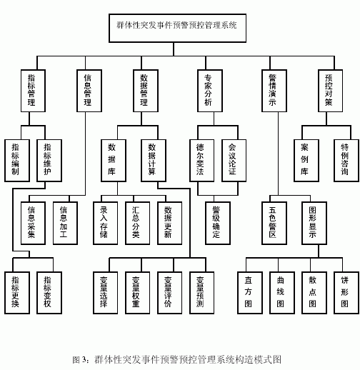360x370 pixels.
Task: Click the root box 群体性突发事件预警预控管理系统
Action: point(177,28)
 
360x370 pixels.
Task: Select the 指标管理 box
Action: point(33,91)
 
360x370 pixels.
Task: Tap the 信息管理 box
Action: point(89,91)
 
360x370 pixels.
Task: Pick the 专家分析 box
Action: point(210,91)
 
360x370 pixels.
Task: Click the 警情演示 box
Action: point(274,91)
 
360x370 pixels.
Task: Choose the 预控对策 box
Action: point(331,91)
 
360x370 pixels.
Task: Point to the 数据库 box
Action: point(114,161)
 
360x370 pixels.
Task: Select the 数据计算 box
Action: point(154,161)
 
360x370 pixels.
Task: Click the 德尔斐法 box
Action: point(202,161)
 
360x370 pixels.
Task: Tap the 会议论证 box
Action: point(234,161)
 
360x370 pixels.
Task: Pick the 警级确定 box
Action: point(218,223)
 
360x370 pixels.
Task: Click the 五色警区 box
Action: point(274,223)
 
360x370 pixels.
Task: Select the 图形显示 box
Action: point(314,223)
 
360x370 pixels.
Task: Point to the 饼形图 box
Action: point(346,293)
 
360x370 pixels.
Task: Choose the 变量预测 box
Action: point(202,293)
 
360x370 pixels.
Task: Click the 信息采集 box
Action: point(33,223)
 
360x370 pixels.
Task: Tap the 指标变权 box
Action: point(49,293)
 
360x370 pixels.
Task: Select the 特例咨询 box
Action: point(346,161)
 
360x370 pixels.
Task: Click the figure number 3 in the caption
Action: point(84,359)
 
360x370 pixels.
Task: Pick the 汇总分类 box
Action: point(138,223)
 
